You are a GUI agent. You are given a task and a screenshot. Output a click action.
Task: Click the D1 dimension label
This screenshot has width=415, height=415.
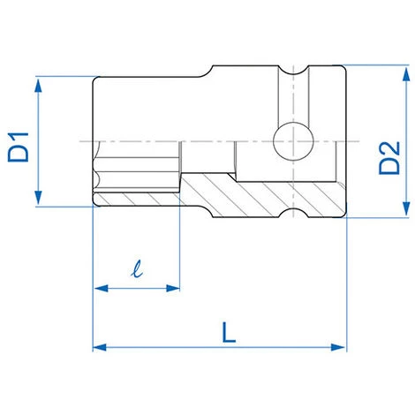tap(19, 146)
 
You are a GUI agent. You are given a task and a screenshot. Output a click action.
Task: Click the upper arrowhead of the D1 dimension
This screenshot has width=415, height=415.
tap(40, 83)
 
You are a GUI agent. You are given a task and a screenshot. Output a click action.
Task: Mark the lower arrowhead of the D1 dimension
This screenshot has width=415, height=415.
tap(40, 200)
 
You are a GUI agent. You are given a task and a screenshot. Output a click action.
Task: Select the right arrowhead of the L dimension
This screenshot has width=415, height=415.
tap(339, 347)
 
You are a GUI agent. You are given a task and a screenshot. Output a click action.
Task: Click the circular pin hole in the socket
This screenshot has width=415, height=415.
tap(291, 141)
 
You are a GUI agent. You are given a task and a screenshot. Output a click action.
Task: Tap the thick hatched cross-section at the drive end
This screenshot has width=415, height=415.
tap(256, 190)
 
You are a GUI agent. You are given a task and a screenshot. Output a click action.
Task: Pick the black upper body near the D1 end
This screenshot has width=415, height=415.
tap(141, 106)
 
